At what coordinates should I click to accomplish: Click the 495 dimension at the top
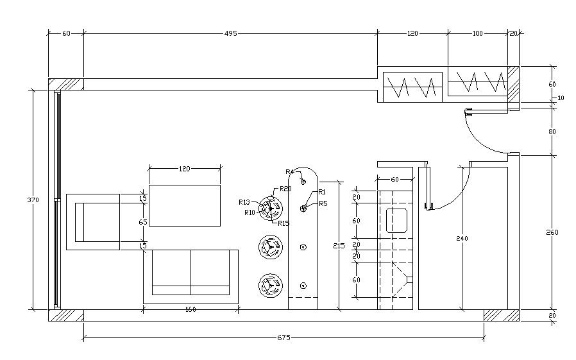point(231,33)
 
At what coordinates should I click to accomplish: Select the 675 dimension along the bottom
point(284,338)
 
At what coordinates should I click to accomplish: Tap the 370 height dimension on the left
point(33,200)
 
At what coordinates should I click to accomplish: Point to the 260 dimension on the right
point(552,232)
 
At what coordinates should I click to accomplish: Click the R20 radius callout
point(285,189)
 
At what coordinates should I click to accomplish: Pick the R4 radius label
point(290,172)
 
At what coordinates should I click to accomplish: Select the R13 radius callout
point(244,202)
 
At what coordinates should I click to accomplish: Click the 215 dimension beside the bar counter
point(339,246)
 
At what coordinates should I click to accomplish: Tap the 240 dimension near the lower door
point(462,239)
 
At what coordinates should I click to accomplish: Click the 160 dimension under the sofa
point(191,310)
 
